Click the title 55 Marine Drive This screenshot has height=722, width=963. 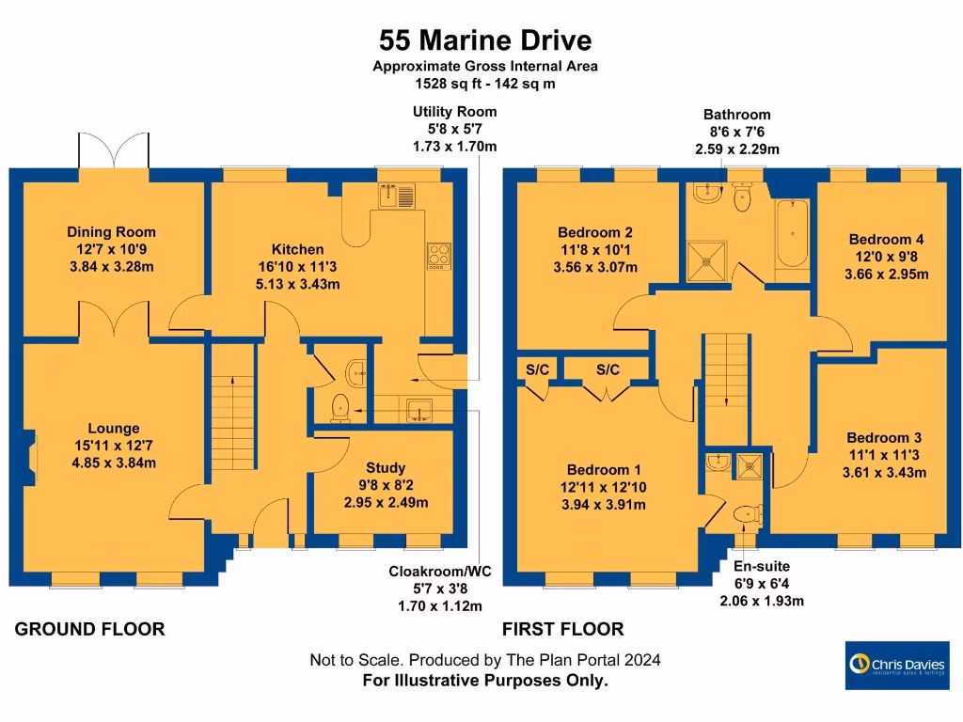coord(485,40)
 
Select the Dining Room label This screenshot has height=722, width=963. coord(111,232)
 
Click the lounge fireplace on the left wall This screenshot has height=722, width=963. coord(30,459)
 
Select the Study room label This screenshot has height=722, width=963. coord(386,467)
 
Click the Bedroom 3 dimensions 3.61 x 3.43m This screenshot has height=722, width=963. coord(884,473)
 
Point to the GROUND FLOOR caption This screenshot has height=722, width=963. coord(89,629)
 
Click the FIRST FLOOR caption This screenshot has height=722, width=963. coord(562,629)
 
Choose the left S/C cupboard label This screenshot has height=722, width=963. coord(537,369)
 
